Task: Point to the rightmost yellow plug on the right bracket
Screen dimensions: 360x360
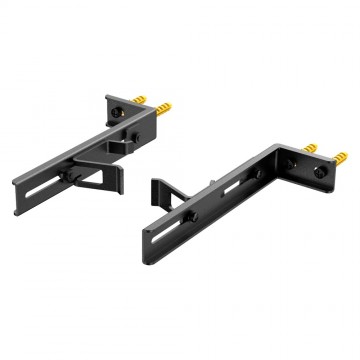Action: point(339,156)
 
